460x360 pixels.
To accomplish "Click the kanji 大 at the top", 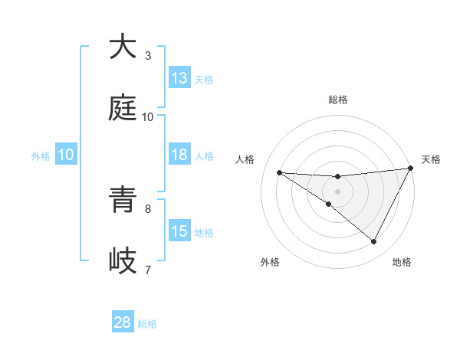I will (123, 47).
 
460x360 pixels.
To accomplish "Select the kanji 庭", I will (123, 108).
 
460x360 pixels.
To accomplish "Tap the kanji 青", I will (123, 200).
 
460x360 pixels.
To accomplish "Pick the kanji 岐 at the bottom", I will (123, 261).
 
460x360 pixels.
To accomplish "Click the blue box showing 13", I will (179, 78).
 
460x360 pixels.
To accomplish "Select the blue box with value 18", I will (179, 155).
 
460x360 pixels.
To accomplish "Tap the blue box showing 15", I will (179, 231).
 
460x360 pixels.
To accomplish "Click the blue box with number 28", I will (123, 322).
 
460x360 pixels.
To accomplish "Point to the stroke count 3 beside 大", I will (148, 56).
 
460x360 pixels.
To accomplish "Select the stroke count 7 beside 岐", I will (148, 270).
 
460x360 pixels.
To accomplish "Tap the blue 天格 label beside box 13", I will (204, 79).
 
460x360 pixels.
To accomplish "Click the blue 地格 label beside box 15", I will (204, 232).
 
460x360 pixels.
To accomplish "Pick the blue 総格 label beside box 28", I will (147, 324).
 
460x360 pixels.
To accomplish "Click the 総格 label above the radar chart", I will (337, 100).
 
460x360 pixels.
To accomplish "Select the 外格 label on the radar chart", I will (270, 262).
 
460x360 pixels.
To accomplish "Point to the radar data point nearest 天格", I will (411, 169).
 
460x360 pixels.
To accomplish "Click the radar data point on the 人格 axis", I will (279, 172).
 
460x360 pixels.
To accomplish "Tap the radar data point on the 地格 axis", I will (374, 242).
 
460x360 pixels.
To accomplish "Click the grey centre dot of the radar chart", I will (337, 191).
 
